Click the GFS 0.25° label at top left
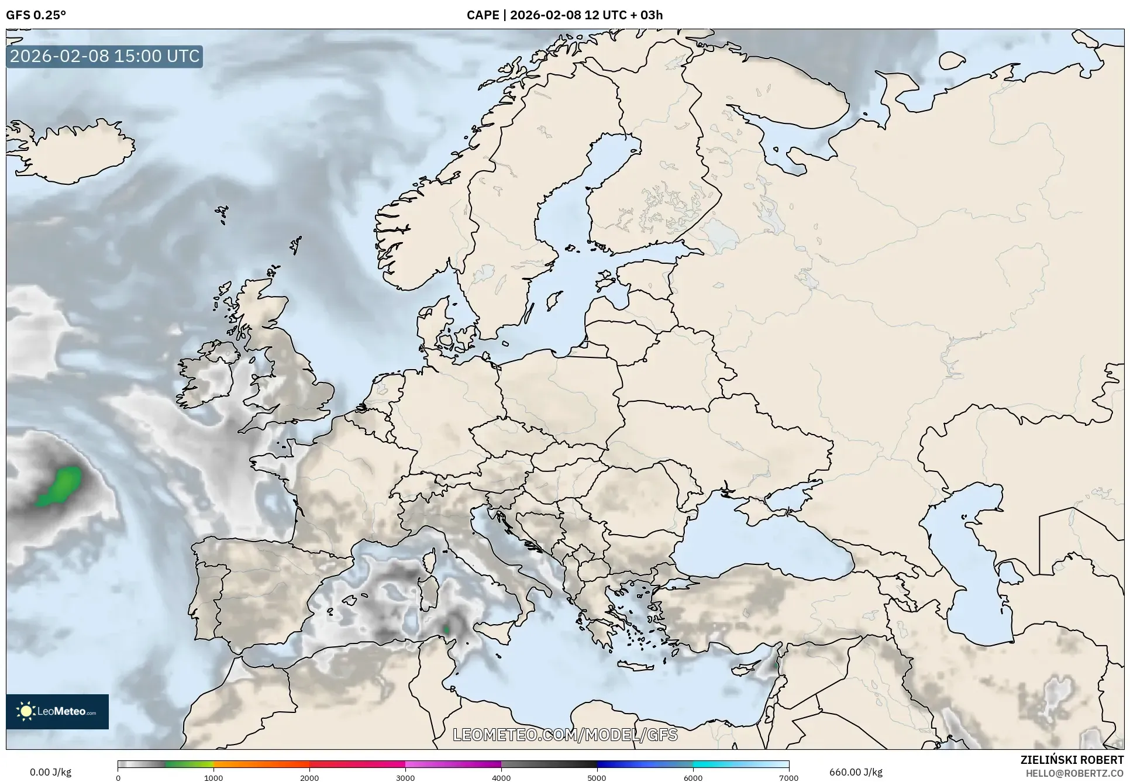[36, 15]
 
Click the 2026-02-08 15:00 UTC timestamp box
[105, 56]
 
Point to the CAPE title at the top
[564, 15]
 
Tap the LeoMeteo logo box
[57, 711]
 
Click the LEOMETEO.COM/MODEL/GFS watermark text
[565, 735]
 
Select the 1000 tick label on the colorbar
[213, 778]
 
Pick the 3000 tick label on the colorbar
[405, 778]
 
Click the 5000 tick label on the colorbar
[597, 778]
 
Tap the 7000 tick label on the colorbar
[788, 778]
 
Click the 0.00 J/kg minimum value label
[50, 772]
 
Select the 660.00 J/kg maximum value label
[856, 772]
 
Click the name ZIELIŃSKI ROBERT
[1072, 760]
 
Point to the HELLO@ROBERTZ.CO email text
[1074, 773]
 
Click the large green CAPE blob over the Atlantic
[60, 486]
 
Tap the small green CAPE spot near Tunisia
[446, 629]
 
